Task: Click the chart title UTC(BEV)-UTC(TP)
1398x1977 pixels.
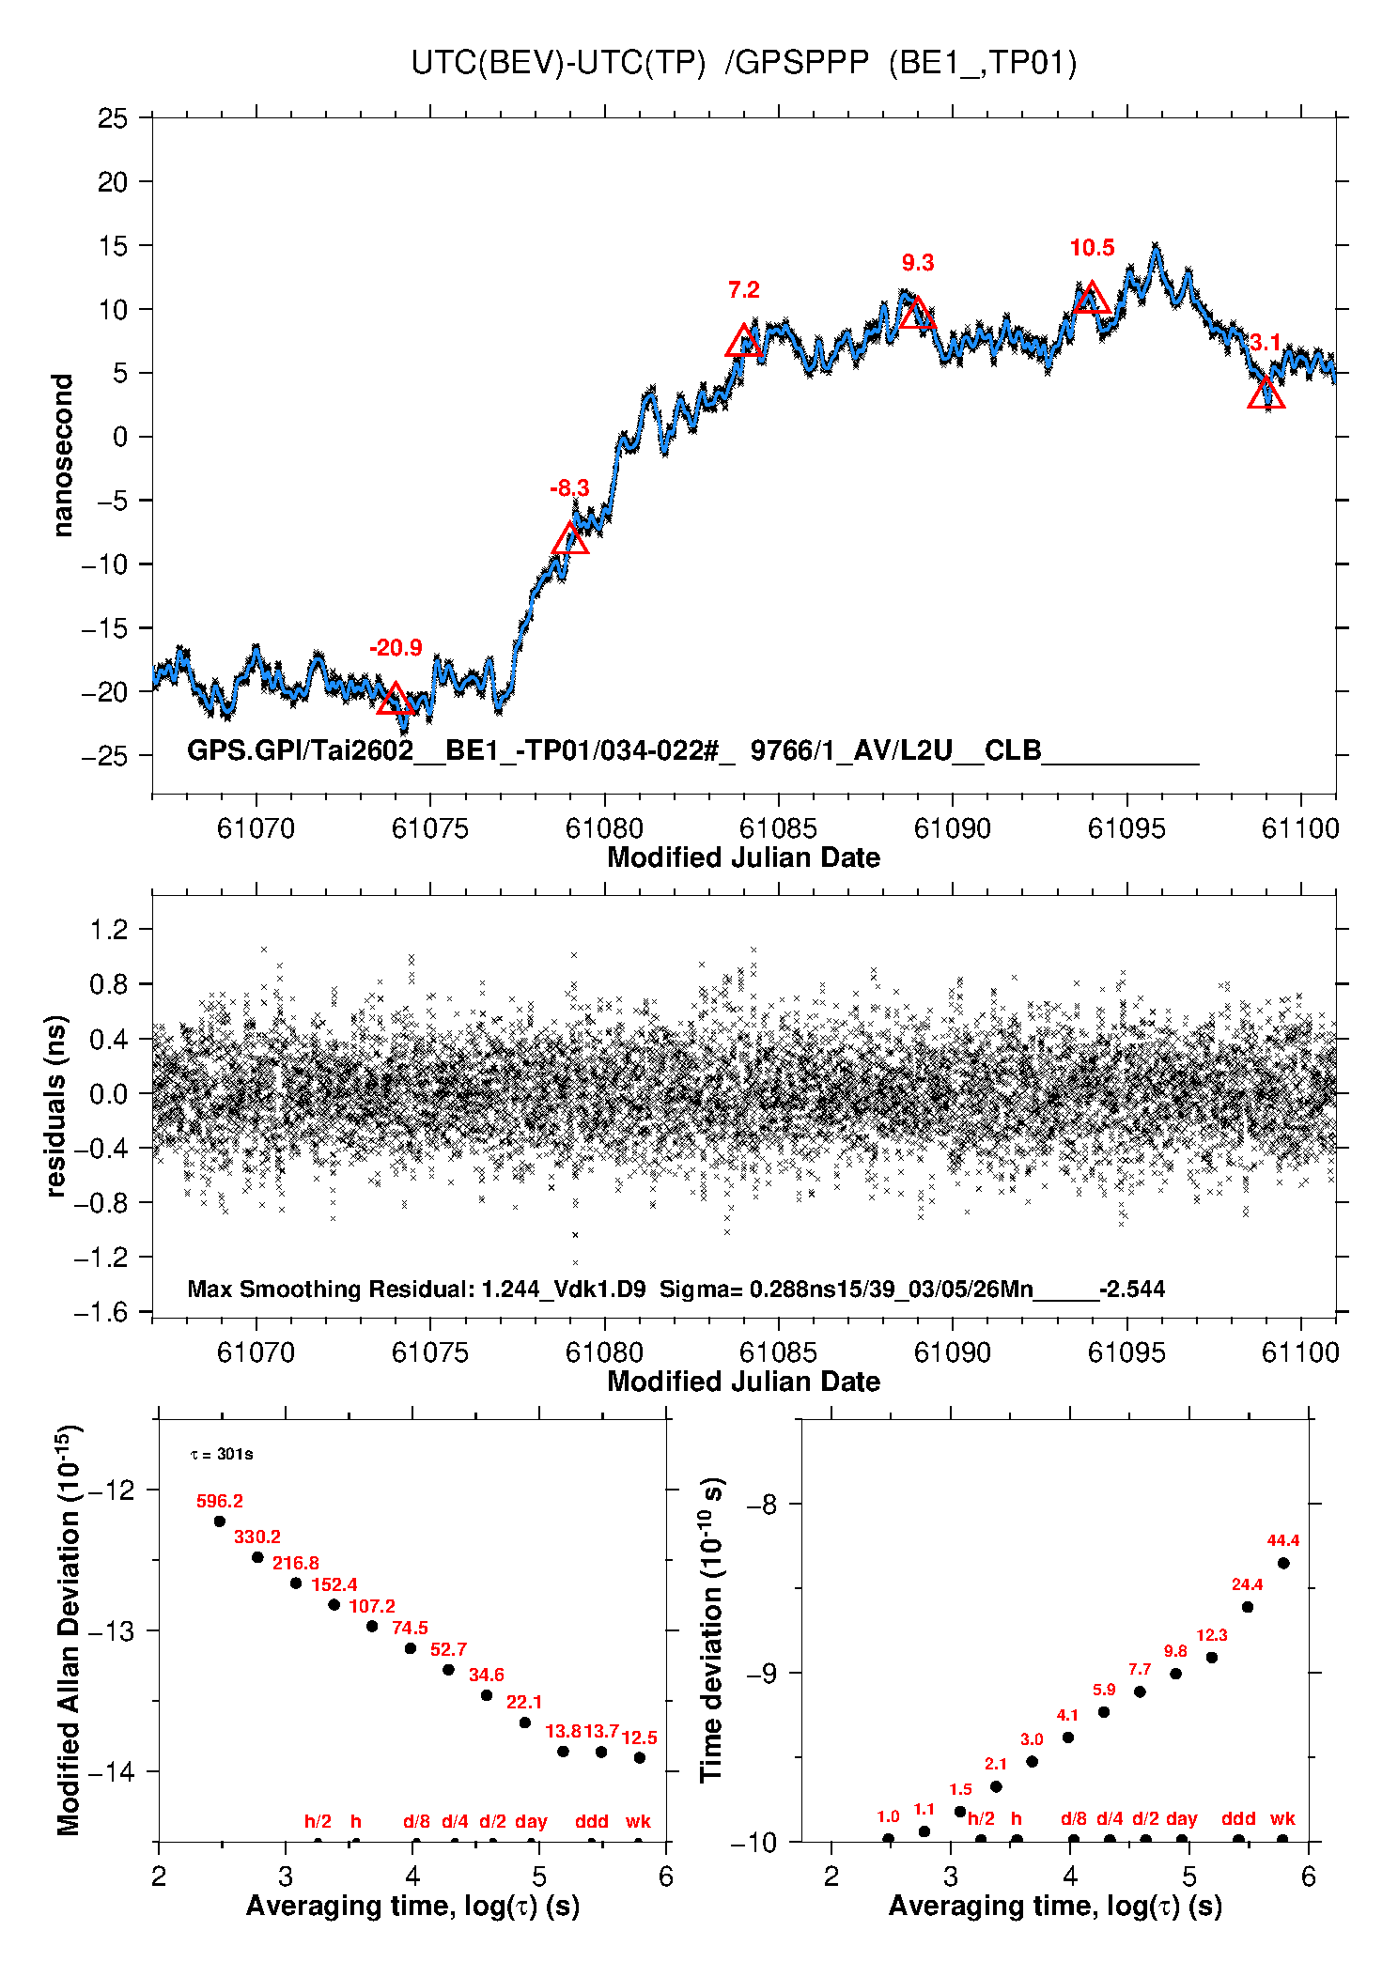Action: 558,63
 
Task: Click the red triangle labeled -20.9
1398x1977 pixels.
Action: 396,700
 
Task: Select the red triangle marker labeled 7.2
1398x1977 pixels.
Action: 744,341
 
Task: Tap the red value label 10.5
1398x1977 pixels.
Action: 1092,248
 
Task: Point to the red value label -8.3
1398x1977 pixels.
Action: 569,488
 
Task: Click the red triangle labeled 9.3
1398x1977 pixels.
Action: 917,313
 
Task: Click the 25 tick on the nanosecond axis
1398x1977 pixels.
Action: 113,118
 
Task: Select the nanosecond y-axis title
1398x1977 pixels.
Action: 62,456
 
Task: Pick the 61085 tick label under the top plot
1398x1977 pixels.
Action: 778,828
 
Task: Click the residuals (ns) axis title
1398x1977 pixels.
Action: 56,1105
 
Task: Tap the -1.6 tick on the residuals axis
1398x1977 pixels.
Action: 101,1312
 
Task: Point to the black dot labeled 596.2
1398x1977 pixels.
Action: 220,1521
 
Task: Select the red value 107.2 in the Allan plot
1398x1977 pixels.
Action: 372,1606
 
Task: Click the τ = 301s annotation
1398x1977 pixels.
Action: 222,1455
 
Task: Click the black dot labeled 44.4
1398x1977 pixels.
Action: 1283,1563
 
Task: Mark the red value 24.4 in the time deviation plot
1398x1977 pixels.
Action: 1247,1584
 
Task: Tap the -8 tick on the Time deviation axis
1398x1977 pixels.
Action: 762,1505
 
